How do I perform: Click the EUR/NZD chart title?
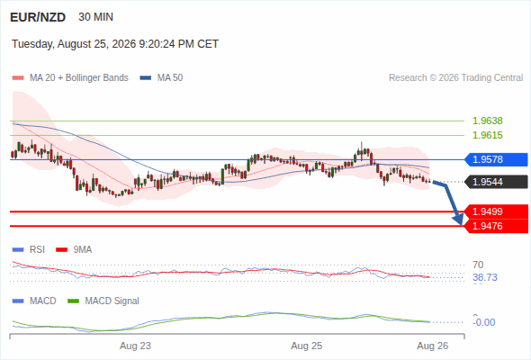(x=38, y=17)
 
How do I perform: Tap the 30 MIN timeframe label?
(x=95, y=17)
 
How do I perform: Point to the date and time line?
(x=115, y=44)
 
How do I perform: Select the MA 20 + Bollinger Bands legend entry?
(x=70, y=78)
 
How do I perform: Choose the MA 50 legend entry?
(x=161, y=78)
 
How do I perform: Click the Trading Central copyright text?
(x=455, y=78)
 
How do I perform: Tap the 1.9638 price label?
(x=487, y=121)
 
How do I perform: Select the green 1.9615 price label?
(x=487, y=135)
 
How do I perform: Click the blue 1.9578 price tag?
(x=496, y=159)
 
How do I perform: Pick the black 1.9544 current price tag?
(x=496, y=182)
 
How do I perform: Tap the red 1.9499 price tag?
(x=496, y=211)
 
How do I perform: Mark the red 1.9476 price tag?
(x=496, y=226)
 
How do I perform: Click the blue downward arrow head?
(x=459, y=219)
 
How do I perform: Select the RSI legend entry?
(x=29, y=249)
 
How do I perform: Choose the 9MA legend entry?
(x=74, y=249)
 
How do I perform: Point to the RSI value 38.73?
(x=485, y=277)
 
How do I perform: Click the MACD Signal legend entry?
(x=103, y=301)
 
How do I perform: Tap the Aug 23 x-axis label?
(x=135, y=346)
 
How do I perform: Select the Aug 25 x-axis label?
(x=307, y=346)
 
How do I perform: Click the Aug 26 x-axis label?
(x=433, y=346)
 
